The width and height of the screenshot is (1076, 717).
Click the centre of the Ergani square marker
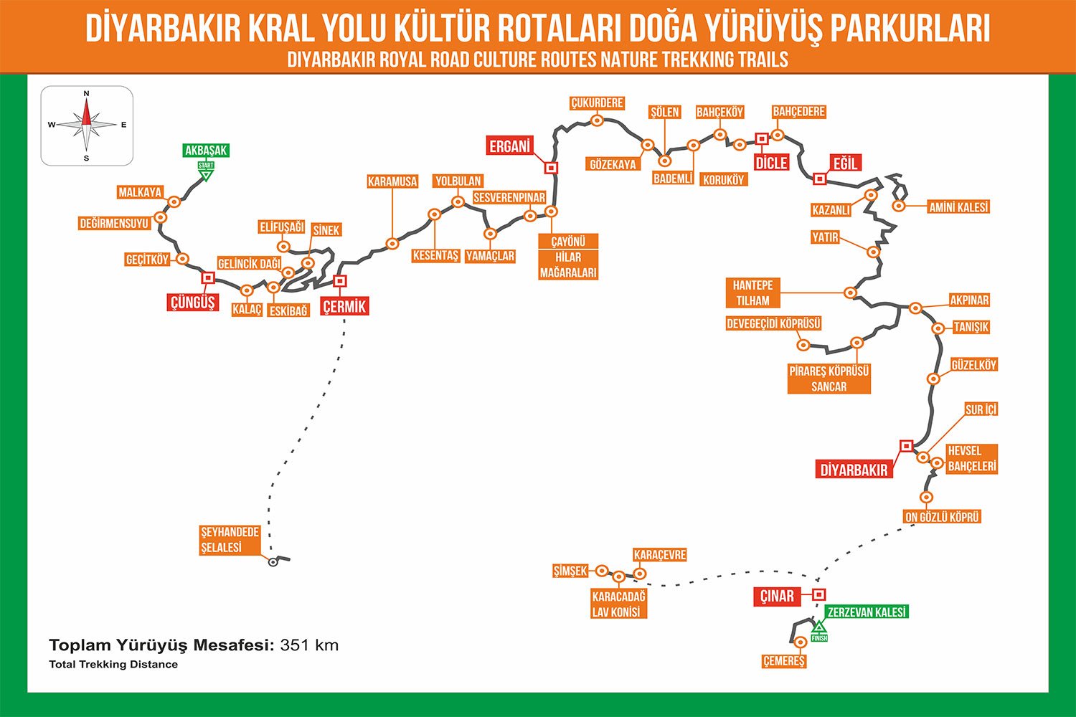point(550,168)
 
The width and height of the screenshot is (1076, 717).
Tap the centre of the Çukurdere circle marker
point(597,120)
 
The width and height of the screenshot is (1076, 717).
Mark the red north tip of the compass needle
point(87,102)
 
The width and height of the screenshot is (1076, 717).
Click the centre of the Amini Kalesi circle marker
point(899,206)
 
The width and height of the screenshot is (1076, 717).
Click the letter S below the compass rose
point(87,158)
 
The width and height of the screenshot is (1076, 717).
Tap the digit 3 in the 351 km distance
point(285,645)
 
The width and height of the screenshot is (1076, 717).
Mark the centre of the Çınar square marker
point(819,594)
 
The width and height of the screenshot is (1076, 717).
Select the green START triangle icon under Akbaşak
point(206,176)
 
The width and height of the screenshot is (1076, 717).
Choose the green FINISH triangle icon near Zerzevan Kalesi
point(819,627)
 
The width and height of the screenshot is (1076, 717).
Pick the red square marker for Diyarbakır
point(907,446)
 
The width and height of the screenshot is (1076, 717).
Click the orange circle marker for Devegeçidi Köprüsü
point(803,345)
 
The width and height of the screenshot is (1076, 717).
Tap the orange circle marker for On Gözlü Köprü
point(926,497)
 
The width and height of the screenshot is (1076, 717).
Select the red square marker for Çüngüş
point(208,277)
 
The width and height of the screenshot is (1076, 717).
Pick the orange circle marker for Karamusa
point(392,244)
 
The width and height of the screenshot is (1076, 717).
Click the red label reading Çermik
point(344,306)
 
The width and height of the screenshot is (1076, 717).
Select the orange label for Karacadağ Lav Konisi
point(618,604)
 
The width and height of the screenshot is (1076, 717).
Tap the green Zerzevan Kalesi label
point(867,612)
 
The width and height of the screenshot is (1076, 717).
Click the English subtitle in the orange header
point(538,60)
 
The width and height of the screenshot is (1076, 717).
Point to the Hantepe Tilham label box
point(752,293)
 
